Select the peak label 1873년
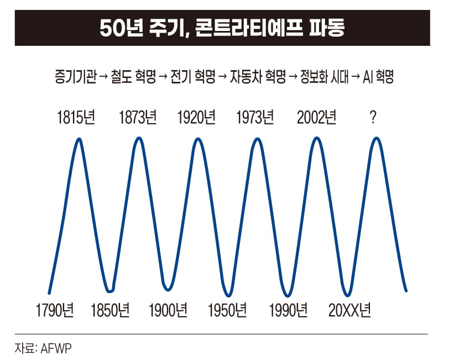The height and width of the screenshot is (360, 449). tap(138, 117)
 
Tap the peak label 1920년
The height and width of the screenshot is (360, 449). tap(196, 117)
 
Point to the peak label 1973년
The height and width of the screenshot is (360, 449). tap(255, 117)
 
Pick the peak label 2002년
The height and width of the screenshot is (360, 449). tap(316, 117)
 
